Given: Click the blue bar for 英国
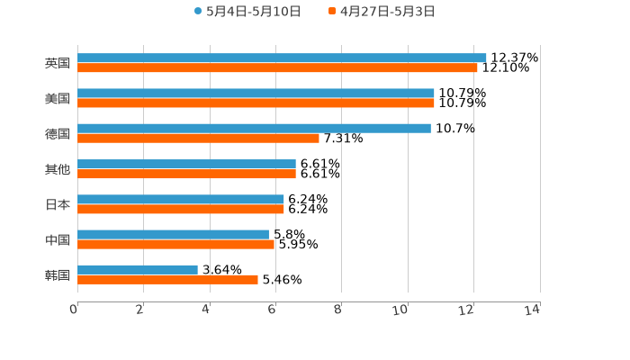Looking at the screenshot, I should click(282, 58).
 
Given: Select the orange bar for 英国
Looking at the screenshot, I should click(277, 67).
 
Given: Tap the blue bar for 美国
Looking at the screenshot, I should click(256, 93).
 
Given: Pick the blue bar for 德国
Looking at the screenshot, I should click(254, 128).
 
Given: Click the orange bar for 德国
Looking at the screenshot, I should click(198, 138).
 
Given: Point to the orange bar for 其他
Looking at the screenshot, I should click(186, 174).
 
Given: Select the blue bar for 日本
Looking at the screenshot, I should click(181, 199).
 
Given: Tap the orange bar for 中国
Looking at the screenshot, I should click(175, 244).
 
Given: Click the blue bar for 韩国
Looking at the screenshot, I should click(138, 269).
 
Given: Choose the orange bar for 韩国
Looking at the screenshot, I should click(167, 279).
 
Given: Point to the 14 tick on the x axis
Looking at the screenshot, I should click(533, 310).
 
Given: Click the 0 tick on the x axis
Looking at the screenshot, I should click(74, 310).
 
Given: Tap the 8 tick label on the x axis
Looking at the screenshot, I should click(337, 310).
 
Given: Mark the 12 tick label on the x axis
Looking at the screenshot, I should click(466, 310).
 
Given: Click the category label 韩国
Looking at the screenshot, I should click(58, 274).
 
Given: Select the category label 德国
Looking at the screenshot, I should click(58, 133).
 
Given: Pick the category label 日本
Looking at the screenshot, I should click(58, 204).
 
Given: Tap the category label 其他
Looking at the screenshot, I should click(58, 169).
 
